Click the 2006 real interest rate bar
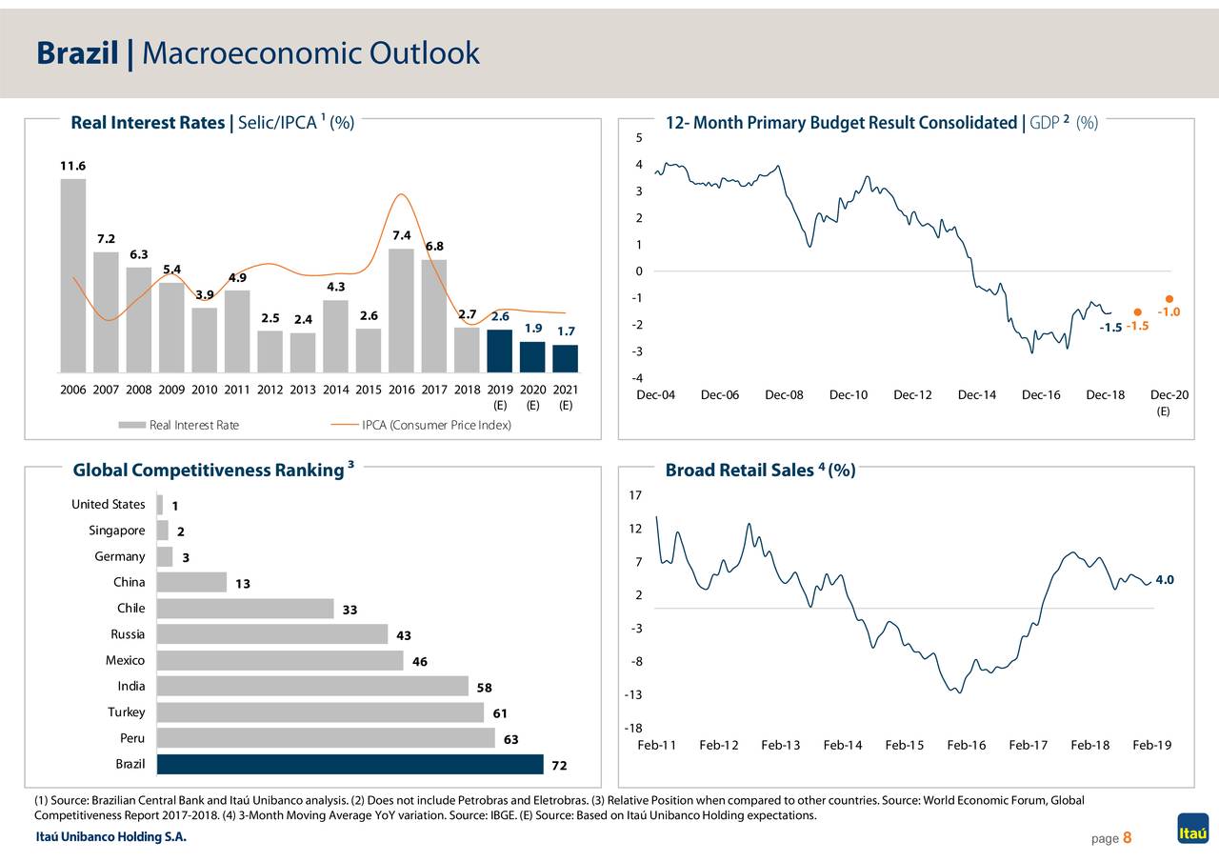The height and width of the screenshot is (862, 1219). (73, 275)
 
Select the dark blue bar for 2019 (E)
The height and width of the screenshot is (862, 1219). (500, 351)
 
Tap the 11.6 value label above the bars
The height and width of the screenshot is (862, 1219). (72, 166)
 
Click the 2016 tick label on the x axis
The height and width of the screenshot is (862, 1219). (402, 390)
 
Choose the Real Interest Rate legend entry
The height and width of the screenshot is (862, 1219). (193, 425)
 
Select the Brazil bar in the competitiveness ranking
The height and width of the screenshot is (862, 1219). (350, 764)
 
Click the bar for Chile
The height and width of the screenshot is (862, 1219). (246, 609)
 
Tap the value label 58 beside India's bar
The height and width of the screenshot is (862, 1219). (485, 688)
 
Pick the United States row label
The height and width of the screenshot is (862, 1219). (109, 504)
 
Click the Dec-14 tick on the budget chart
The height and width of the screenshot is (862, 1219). (976, 395)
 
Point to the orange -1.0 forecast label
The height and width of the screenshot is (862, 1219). (1168, 312)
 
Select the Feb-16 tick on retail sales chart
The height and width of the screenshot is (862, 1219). (966, 745)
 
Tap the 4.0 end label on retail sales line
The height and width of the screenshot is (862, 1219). (1164, 580)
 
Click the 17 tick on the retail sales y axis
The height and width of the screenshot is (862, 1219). (635, 495)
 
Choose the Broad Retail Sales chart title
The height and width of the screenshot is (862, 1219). (759, 470)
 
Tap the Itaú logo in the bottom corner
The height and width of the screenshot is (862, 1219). (1192, 829)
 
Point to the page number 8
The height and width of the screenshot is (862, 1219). (1127, 838)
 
